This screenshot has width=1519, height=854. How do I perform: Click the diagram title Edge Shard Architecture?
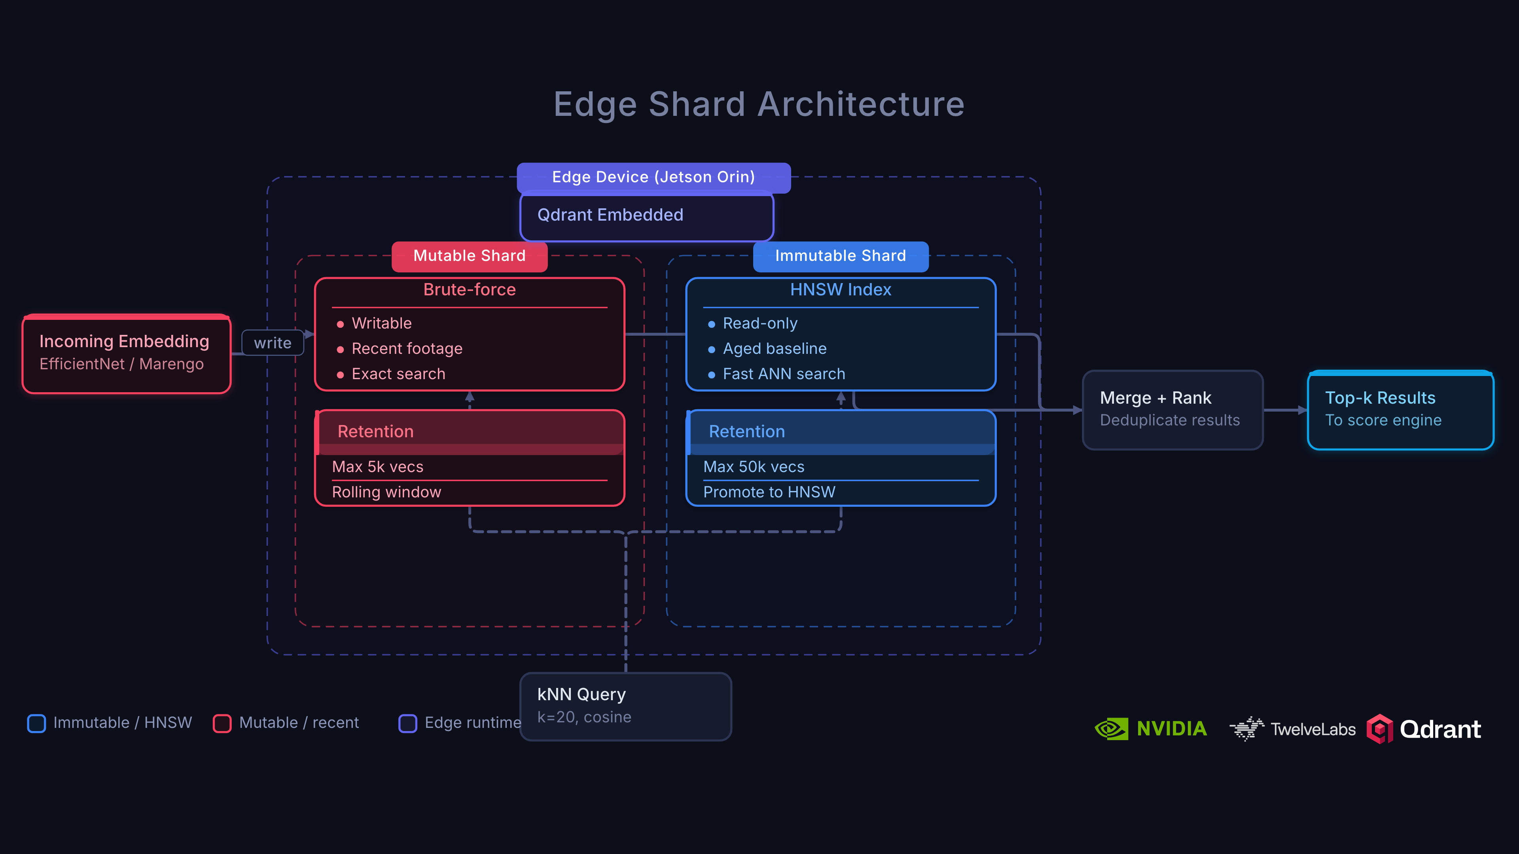click(x=759, y=104)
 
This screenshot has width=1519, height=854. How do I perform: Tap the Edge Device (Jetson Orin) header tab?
click(x=653, y=178)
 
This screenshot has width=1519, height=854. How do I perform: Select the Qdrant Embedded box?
click(x=646, y=216)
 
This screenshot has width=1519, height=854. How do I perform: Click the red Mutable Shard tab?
click(x=470, y=256)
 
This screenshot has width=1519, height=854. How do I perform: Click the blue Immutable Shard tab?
click(x=840, y=256)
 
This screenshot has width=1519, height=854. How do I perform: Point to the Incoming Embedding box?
click(x=126, y=353)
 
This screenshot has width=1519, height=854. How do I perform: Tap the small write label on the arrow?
click(x=273, y=343)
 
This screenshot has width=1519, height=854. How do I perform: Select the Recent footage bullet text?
click(x=407, y=349)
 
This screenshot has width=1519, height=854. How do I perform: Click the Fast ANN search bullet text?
click(x=784, y=374)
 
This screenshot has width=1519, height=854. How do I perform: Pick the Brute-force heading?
click(x=470, y=290)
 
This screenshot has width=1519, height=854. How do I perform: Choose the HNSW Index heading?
click(x=840, y=290)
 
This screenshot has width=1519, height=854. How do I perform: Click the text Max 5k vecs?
click(x=377, y=467)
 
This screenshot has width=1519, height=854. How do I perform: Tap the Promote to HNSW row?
click(x=769, y=492)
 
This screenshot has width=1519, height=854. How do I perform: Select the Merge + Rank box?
click(x=1172, y=410)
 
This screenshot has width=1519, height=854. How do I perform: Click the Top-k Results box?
click(x=1400, y=410)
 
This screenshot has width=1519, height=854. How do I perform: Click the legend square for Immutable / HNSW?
click(x=36, y=723)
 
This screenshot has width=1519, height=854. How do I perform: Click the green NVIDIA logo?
click(x=1150, y=729)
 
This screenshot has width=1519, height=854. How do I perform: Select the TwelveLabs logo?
click(x=1293, y=729)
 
